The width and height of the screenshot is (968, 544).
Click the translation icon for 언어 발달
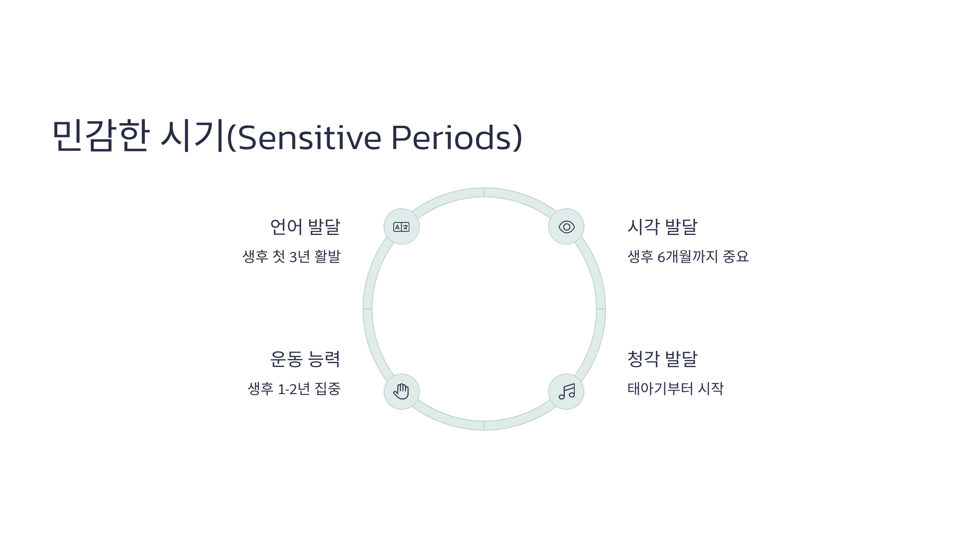401,227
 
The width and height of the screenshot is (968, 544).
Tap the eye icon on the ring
566,227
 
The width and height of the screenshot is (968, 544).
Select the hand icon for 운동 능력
401,392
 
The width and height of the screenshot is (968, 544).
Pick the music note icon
566,392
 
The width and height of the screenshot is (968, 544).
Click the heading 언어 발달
305,226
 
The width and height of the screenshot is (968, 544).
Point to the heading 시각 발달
662,226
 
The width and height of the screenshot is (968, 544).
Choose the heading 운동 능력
305,359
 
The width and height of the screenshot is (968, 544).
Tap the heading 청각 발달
662,359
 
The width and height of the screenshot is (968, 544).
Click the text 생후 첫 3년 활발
291,257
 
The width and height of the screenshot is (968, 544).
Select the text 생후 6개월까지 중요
688,257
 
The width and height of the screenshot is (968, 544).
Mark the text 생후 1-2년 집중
294,389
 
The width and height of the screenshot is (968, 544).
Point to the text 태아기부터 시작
676,389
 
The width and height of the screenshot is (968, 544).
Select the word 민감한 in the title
101,135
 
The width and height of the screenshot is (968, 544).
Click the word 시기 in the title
192,135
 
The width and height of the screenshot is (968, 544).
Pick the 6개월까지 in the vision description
687,257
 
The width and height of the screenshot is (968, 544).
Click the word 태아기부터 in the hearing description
660,389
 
